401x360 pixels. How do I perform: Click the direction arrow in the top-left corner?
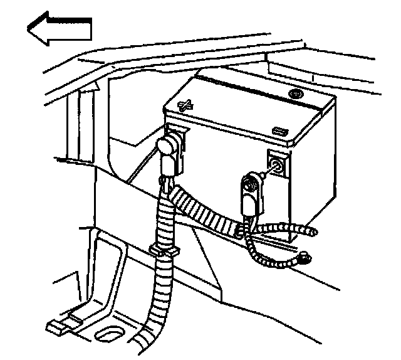point(60,30)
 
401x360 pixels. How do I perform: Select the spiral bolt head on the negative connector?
point(249,184)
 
